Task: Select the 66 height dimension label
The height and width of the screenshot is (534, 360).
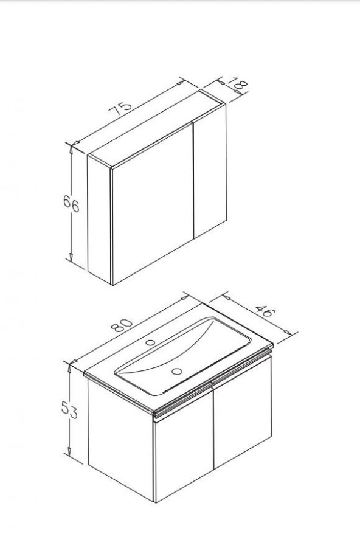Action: point(71,203)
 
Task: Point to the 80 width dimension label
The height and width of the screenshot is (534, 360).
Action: point(122,325)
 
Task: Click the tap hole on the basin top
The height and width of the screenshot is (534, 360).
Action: point(150,342)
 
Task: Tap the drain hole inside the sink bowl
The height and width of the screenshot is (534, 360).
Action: point(177,371)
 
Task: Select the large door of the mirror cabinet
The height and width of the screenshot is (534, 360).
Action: point(152,203)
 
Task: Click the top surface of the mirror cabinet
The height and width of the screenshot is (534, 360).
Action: point(157,129)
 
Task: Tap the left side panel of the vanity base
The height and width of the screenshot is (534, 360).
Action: point(121,439)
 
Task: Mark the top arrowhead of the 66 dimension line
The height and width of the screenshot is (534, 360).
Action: point(71,149)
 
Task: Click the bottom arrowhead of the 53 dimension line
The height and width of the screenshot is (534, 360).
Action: point(69,451)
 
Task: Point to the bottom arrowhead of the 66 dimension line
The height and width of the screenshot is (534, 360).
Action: point(71,257)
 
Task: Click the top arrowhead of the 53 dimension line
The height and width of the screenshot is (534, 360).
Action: point(69,368)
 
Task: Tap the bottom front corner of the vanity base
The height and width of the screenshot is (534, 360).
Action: point(155,502)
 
